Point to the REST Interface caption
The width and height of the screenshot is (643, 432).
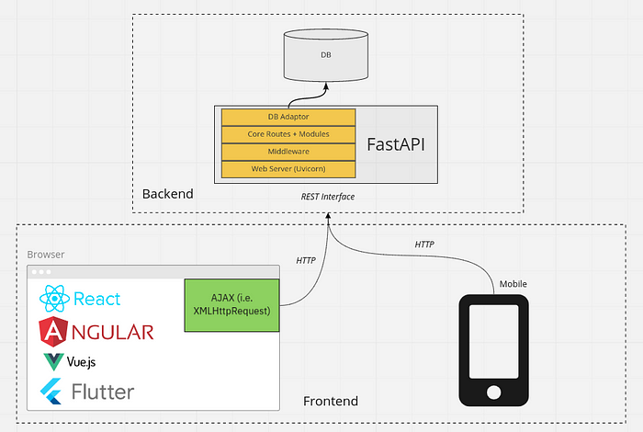[x=328, y=197]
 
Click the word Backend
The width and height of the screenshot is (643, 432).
[x=167, y=194]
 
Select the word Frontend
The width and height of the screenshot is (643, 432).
[x=331, y=402]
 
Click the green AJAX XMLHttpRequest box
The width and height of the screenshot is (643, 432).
[x=232, y=303]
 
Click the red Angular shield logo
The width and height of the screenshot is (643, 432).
[x=55, y=331]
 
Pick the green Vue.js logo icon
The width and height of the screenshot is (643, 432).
[x=52, y=361]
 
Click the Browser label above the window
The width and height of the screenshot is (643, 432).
[x=46, y=254]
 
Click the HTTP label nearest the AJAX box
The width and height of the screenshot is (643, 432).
[x=306, y=261]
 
